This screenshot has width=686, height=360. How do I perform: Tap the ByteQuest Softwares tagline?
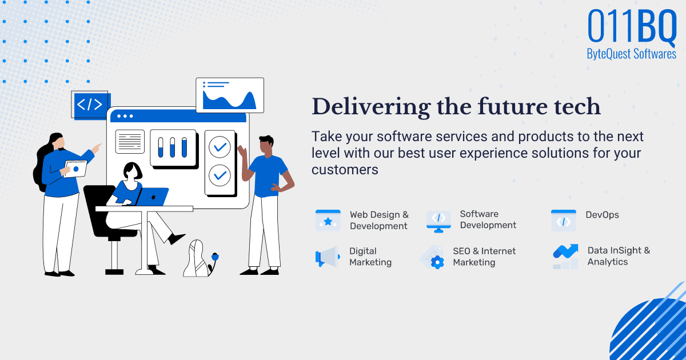coord(631,54)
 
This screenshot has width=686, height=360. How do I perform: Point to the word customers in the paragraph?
coord(345,170)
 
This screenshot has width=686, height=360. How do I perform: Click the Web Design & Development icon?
coord(328,220)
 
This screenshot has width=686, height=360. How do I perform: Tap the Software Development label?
coord(488,219)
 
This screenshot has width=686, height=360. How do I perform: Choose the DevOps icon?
coord(563,221)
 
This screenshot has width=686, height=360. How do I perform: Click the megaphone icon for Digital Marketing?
coord(327,257)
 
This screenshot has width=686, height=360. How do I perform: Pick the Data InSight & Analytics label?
coord(619,256)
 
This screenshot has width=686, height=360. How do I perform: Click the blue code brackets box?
coord(90,105)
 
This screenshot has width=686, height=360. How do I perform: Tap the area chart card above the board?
coord(230,95)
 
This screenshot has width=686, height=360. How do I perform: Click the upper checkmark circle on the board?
coord(218,147)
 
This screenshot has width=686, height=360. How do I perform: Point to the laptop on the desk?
coord(151,197)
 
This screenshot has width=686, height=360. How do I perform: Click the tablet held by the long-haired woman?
coord(75,169)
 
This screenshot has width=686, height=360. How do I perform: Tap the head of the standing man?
coord(266,146)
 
